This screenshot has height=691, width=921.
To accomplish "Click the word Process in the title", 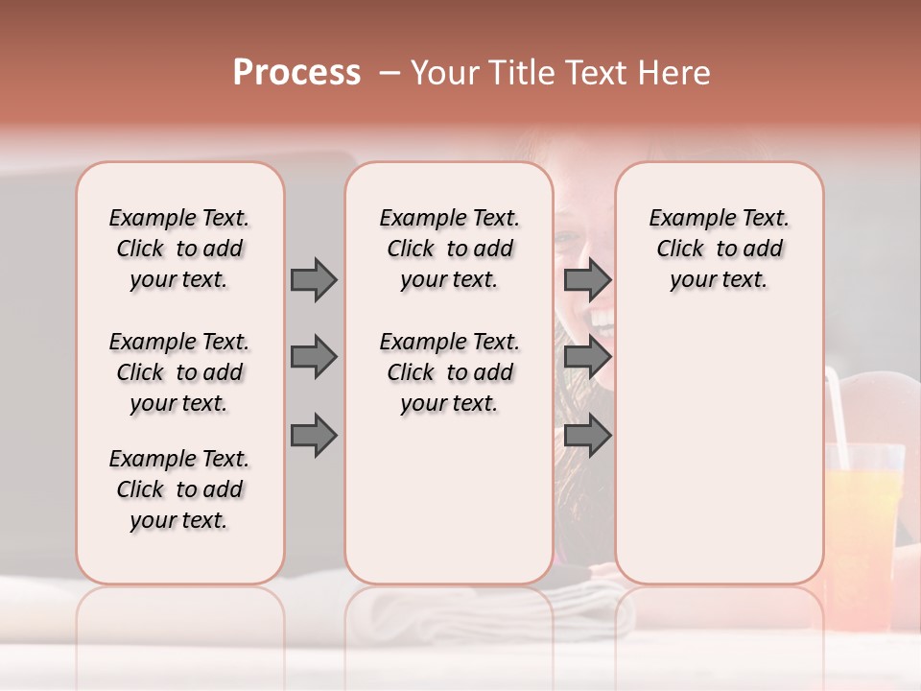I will pos(296,73).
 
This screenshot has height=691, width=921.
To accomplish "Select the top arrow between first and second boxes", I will pos(314,279).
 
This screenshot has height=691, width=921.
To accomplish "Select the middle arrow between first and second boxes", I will pos(314,357).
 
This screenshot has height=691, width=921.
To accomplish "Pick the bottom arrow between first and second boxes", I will pos(314,435).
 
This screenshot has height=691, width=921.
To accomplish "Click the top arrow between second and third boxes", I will pos(587,279).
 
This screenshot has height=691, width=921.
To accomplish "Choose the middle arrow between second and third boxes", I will pos(587,357).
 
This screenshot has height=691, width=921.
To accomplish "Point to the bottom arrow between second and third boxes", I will pos(587,435).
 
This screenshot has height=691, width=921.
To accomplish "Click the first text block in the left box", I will pos(179,249).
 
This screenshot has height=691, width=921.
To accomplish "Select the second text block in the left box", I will pos(179,372).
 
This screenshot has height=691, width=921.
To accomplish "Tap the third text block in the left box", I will pos(179,489).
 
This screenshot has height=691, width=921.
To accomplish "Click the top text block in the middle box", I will pos(449,249).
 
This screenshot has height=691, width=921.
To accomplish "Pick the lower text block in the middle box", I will pos(449,372).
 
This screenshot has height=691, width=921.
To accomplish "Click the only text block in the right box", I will pos(719,249).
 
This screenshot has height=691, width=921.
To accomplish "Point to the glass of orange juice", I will pos(863,518).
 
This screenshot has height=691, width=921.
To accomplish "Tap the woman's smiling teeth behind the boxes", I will pos(602,317).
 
